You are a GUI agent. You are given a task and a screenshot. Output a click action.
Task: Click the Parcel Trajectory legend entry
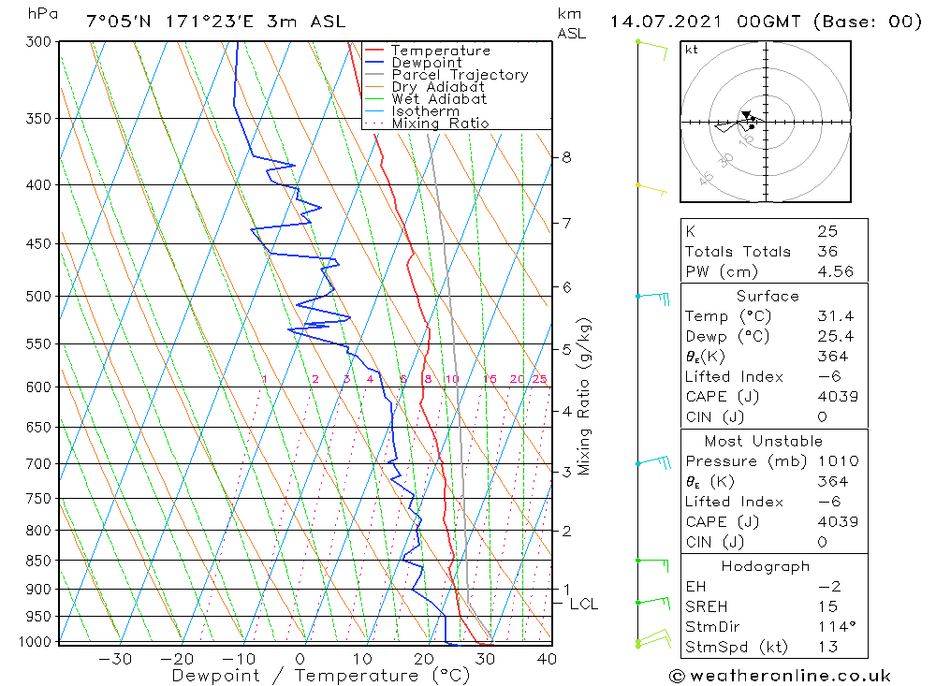pyautogui.click(x=460, y=75)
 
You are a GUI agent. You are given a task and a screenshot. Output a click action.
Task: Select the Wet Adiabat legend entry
pyautogui.click(x=438, y=99)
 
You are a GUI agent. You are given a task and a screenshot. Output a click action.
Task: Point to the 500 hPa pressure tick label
pyautogui.click(x=38, y=297)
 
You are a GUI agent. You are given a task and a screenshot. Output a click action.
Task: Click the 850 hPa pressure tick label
pyautogui.click(x=38, y=562)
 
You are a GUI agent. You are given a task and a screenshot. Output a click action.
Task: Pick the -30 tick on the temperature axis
pyautogui.click(x=115, y=659)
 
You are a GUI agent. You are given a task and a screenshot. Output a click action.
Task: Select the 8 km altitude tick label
pyautogui.click(x=566, y=157)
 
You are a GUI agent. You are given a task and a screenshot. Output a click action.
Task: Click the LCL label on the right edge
pyautogui.click(x=583, y=605)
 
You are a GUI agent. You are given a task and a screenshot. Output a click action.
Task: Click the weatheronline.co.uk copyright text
pyautogui.click(x=780, y=676)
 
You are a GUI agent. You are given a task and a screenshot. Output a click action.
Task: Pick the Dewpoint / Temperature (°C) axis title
pyautogui.click(x=306, y=676)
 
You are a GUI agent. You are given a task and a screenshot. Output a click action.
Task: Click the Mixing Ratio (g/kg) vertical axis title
pyautogui.click(x=585, y=396)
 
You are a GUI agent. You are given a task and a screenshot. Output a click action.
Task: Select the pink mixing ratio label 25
pyautogui.click(x=539, y=379)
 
